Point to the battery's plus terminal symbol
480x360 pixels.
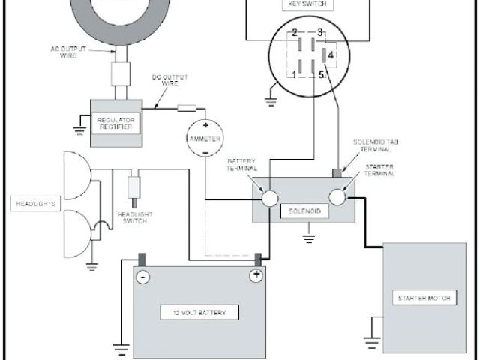pyautogui.click(x=255, y=275)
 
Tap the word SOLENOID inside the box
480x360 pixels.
pyautogui.click(x=304, y=212)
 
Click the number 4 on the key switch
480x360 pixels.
pyautogui.click(x=331, y=54)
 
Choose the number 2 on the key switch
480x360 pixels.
pyautogui.click(x=295, y=32)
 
